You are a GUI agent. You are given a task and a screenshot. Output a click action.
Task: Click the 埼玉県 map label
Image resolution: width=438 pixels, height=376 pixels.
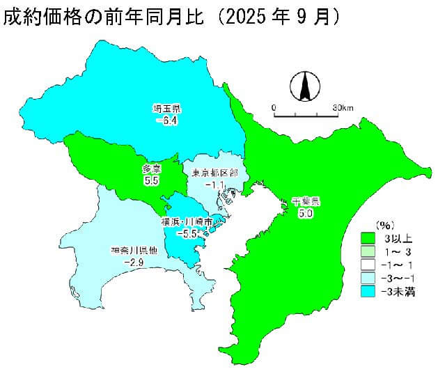coord(167,109)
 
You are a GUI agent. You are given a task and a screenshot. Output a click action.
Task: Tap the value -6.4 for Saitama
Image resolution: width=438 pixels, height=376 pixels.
coord(167,120)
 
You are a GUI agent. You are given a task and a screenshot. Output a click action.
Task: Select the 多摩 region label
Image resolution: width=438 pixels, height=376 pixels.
coord(152,169)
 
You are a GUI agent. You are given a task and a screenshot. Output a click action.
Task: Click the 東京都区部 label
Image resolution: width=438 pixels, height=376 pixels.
coord(215,172)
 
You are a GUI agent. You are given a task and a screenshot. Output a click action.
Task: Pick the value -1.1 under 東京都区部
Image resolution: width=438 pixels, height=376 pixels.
coord(215,185)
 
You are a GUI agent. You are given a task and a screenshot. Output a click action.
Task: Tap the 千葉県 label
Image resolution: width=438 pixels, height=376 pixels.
coord(305,201)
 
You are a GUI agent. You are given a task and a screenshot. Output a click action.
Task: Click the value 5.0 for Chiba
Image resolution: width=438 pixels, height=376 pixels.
coord(305,214)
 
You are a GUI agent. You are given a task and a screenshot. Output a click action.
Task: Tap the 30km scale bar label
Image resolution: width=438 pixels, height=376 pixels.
coord(343,107)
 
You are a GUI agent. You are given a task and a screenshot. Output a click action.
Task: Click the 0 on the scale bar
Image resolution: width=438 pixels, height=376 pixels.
coord(274,107)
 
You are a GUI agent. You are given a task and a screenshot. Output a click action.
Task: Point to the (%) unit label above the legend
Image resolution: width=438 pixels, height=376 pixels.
coord(385,226)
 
